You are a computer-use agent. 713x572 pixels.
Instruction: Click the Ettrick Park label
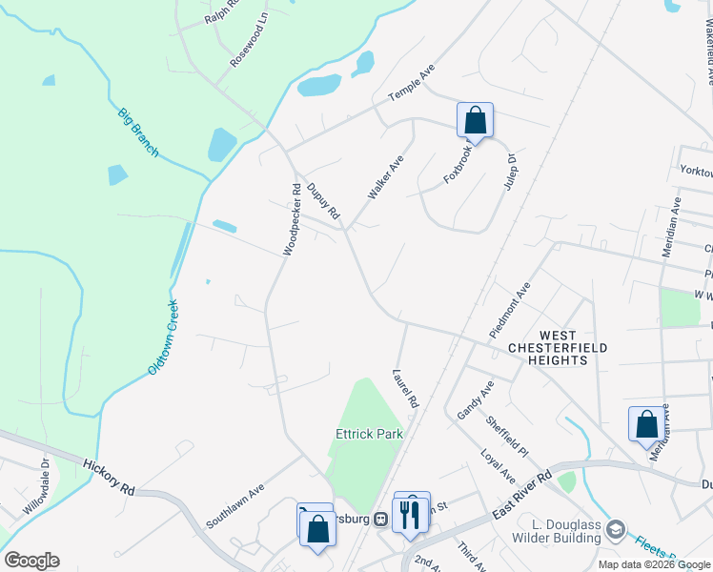click(x=369, y=434)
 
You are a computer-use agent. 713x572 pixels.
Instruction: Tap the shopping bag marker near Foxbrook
click(x=475, y=121)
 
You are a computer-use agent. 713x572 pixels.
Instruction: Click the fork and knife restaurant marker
click(x=410, y=514)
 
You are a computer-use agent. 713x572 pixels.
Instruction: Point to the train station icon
click(x=379, y=519)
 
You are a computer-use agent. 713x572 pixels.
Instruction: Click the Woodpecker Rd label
click(x=292, y=218)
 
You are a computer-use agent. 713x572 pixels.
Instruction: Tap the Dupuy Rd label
click(x=323, y=202)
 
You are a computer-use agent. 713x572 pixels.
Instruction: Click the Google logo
click(x=31, y=560)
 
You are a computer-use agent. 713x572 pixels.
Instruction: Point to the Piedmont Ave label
click(x=509, y=311)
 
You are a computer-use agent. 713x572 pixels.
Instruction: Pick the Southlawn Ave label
click(x=234, y=509)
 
